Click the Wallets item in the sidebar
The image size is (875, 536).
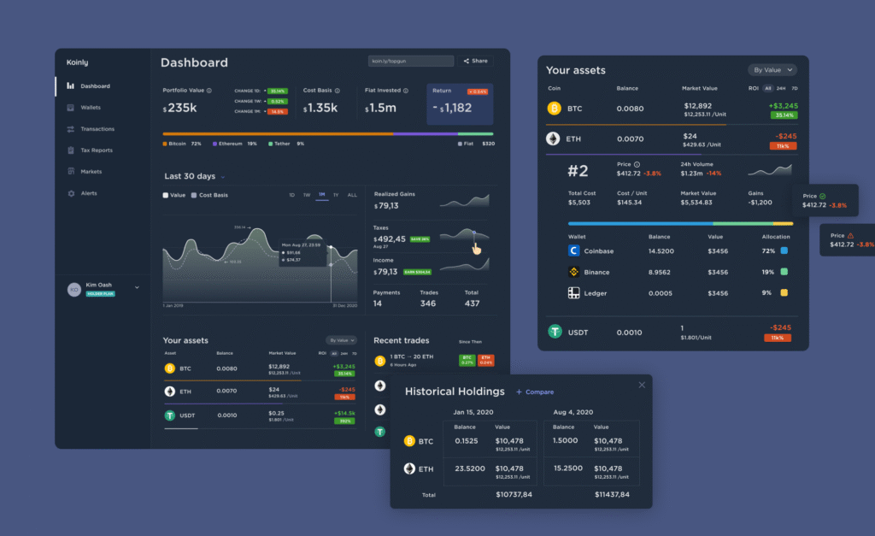coord(90,108)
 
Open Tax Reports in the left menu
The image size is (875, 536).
coord(96,150)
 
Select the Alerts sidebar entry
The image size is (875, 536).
coord(88,193)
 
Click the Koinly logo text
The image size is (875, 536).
coord(77,62)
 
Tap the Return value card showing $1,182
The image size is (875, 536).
coord(460,108)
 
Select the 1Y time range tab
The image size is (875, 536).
coord(336,195)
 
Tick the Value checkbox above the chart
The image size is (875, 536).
coord(166,195)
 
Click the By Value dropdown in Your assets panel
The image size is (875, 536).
coord(773,70)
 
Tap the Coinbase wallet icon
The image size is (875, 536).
coord(574,251)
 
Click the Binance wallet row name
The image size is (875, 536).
coord(596,272)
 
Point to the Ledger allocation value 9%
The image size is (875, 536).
coord(768,293)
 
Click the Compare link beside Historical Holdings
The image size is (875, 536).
coord(535,392)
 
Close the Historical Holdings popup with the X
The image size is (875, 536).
coord(642,385)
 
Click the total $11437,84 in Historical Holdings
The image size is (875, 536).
coord(612,495)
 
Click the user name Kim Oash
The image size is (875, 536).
coord(99,285)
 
